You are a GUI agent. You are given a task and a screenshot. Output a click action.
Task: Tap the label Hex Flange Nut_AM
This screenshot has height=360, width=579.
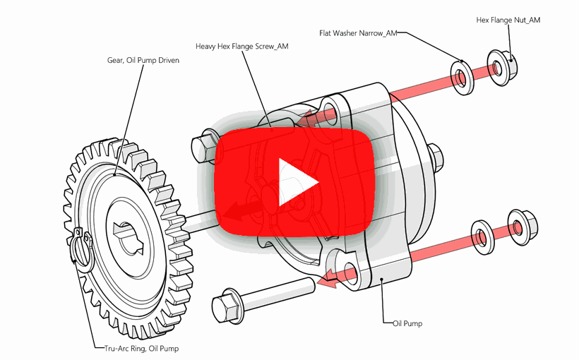click(508, 20)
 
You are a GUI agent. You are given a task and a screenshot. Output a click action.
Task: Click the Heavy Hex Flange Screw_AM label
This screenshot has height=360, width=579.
click(241, 47)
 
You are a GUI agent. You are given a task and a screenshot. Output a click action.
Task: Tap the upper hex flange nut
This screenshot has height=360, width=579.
click(502, 68)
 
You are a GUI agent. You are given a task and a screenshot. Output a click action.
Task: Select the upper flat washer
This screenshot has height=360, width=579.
click(462, 76)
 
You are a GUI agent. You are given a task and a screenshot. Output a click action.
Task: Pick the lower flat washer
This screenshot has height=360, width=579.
click(482, 236)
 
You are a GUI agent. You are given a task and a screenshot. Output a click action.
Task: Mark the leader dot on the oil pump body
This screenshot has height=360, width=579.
click(382, 280)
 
